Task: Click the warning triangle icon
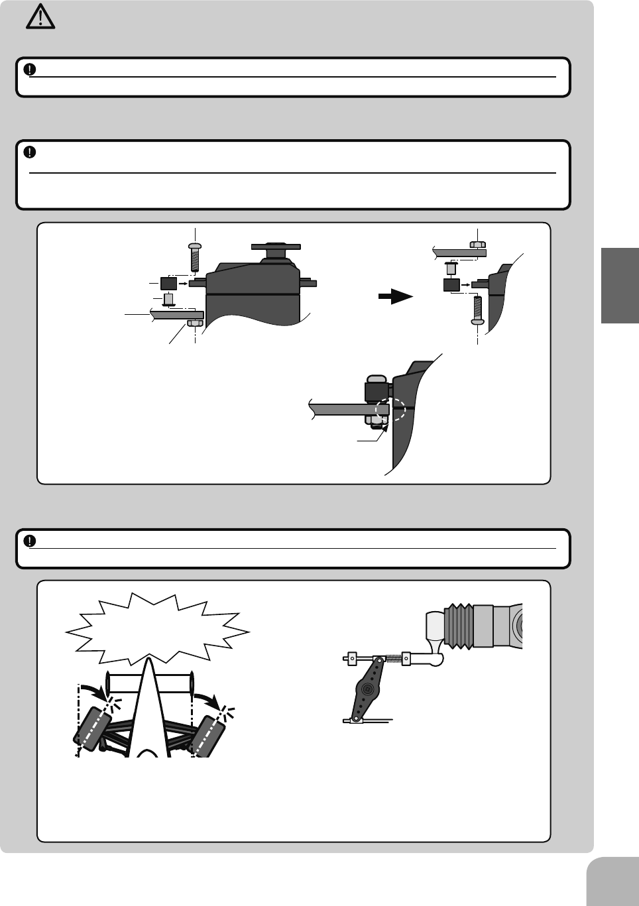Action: pyautogui.click(x=40, y=17)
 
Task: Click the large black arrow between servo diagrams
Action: pyautogui.click(x=395, y=298)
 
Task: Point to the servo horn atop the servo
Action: pyautogui.click(x=276, y=247)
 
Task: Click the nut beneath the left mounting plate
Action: pyautogui.click(x=195, y=323)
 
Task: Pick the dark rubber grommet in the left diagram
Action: pyautogui.click(x=169, y=284)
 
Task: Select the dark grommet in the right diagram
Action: pyautogui.click(x=451, y=286)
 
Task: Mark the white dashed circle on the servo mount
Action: pyautogui.click(x=389, y=410)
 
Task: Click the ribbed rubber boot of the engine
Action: pyautogui.click(x=458, y=626)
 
